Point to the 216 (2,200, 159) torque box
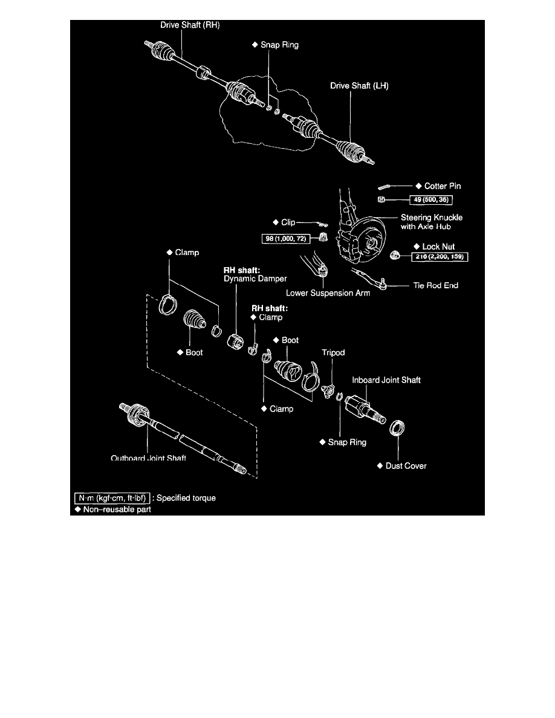(440, 257)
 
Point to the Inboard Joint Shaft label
(386, 380)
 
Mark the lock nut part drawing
(396, 256)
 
